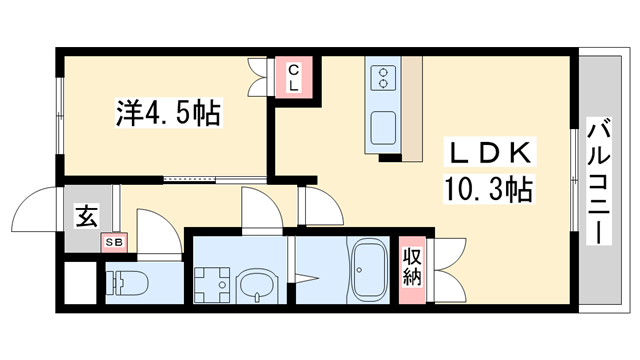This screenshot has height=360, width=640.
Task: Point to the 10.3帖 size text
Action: pyautogui.click(x=487, y=187)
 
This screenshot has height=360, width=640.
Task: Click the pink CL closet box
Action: pyautogui.click(x=294, y=77)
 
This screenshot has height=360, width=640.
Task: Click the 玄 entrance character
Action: pyautogui.click(x=86, y=214)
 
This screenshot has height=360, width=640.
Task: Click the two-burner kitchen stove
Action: pyautogui.click(x=383, y=77)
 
